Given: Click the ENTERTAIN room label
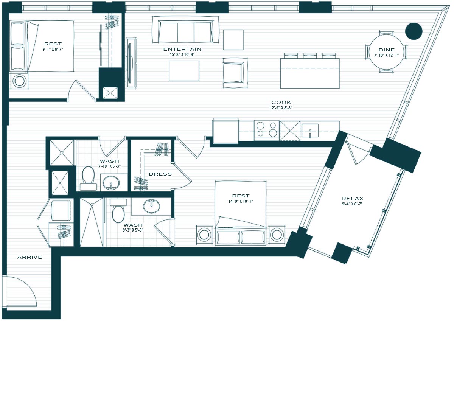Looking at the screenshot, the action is pyautogui.click(x=182, y=49).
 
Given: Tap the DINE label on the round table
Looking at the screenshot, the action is pyautogui.click(x=387, y=50).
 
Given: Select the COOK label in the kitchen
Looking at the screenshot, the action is pyautogui.click(x=281, y=103).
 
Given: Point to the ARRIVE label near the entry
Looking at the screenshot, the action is pyautogui.click(x=30, y=257).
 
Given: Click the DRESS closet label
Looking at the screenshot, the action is pyautogui.click(x=160, y=174).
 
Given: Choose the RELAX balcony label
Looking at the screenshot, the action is pyautogui.click(x=353, y=199).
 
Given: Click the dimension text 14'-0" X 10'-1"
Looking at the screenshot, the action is pyautogui.click(x=241, y=201).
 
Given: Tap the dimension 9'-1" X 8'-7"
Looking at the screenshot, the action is pyautogui.click(x=53, y=49).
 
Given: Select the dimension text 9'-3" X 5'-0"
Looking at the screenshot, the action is pyautogui.click(x=133, y=230).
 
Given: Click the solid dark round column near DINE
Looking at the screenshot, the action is pyautogui.click(x=414, y=31).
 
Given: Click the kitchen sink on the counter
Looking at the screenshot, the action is pyautogui.click(x=310, y=131).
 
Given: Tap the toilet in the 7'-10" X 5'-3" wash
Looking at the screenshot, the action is pyautogui.click(x=88, y=179).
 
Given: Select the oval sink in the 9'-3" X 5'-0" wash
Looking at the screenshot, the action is pyautogui.click(x=151, y=207).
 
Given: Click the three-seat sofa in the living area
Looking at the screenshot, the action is pyautogui.click(x=185, y=30).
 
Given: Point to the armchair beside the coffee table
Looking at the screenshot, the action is pyautogui.click(x=235, y=73).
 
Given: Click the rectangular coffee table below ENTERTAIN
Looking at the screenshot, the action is pyautogui.click(x=184, y=71).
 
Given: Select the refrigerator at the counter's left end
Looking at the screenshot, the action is pyautogui.click(x=226, y=131).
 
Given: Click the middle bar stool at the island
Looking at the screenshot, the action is pyautogui.click(x=310, y=56).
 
